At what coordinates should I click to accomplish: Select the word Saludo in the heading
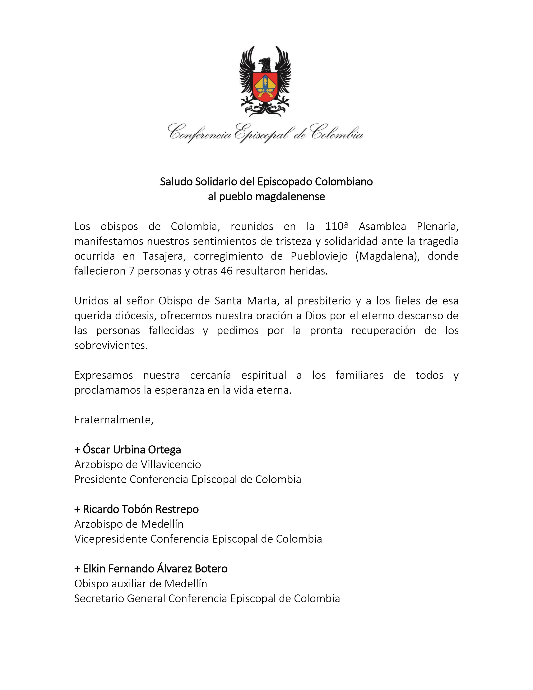pyautogui.click(x=176, y=182)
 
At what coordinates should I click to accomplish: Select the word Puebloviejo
pyautogui.click(x=319, y=256)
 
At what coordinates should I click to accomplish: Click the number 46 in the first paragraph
pyautogui.click(x=227, y=271)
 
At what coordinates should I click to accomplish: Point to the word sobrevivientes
pyautogui.click(x=111, y=345)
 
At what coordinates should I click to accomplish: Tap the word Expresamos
pyautogui.click(x=103, y=375)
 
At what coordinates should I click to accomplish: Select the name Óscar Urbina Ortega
pyautogui.click(x=132, y=450)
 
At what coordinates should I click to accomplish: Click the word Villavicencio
pyautogui.click(x=171, y=464)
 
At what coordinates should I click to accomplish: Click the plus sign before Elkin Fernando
pyautogui.click(x=77, y=569)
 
